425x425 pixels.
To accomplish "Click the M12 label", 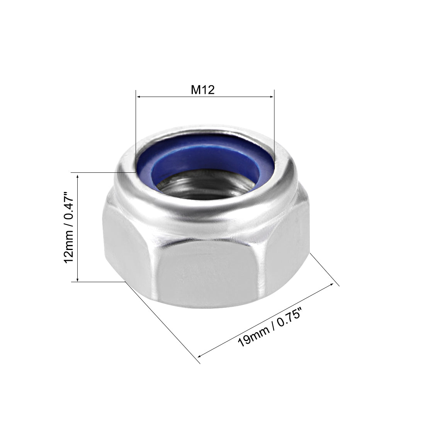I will point(203,90).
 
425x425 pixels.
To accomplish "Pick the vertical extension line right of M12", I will point(274,127).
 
